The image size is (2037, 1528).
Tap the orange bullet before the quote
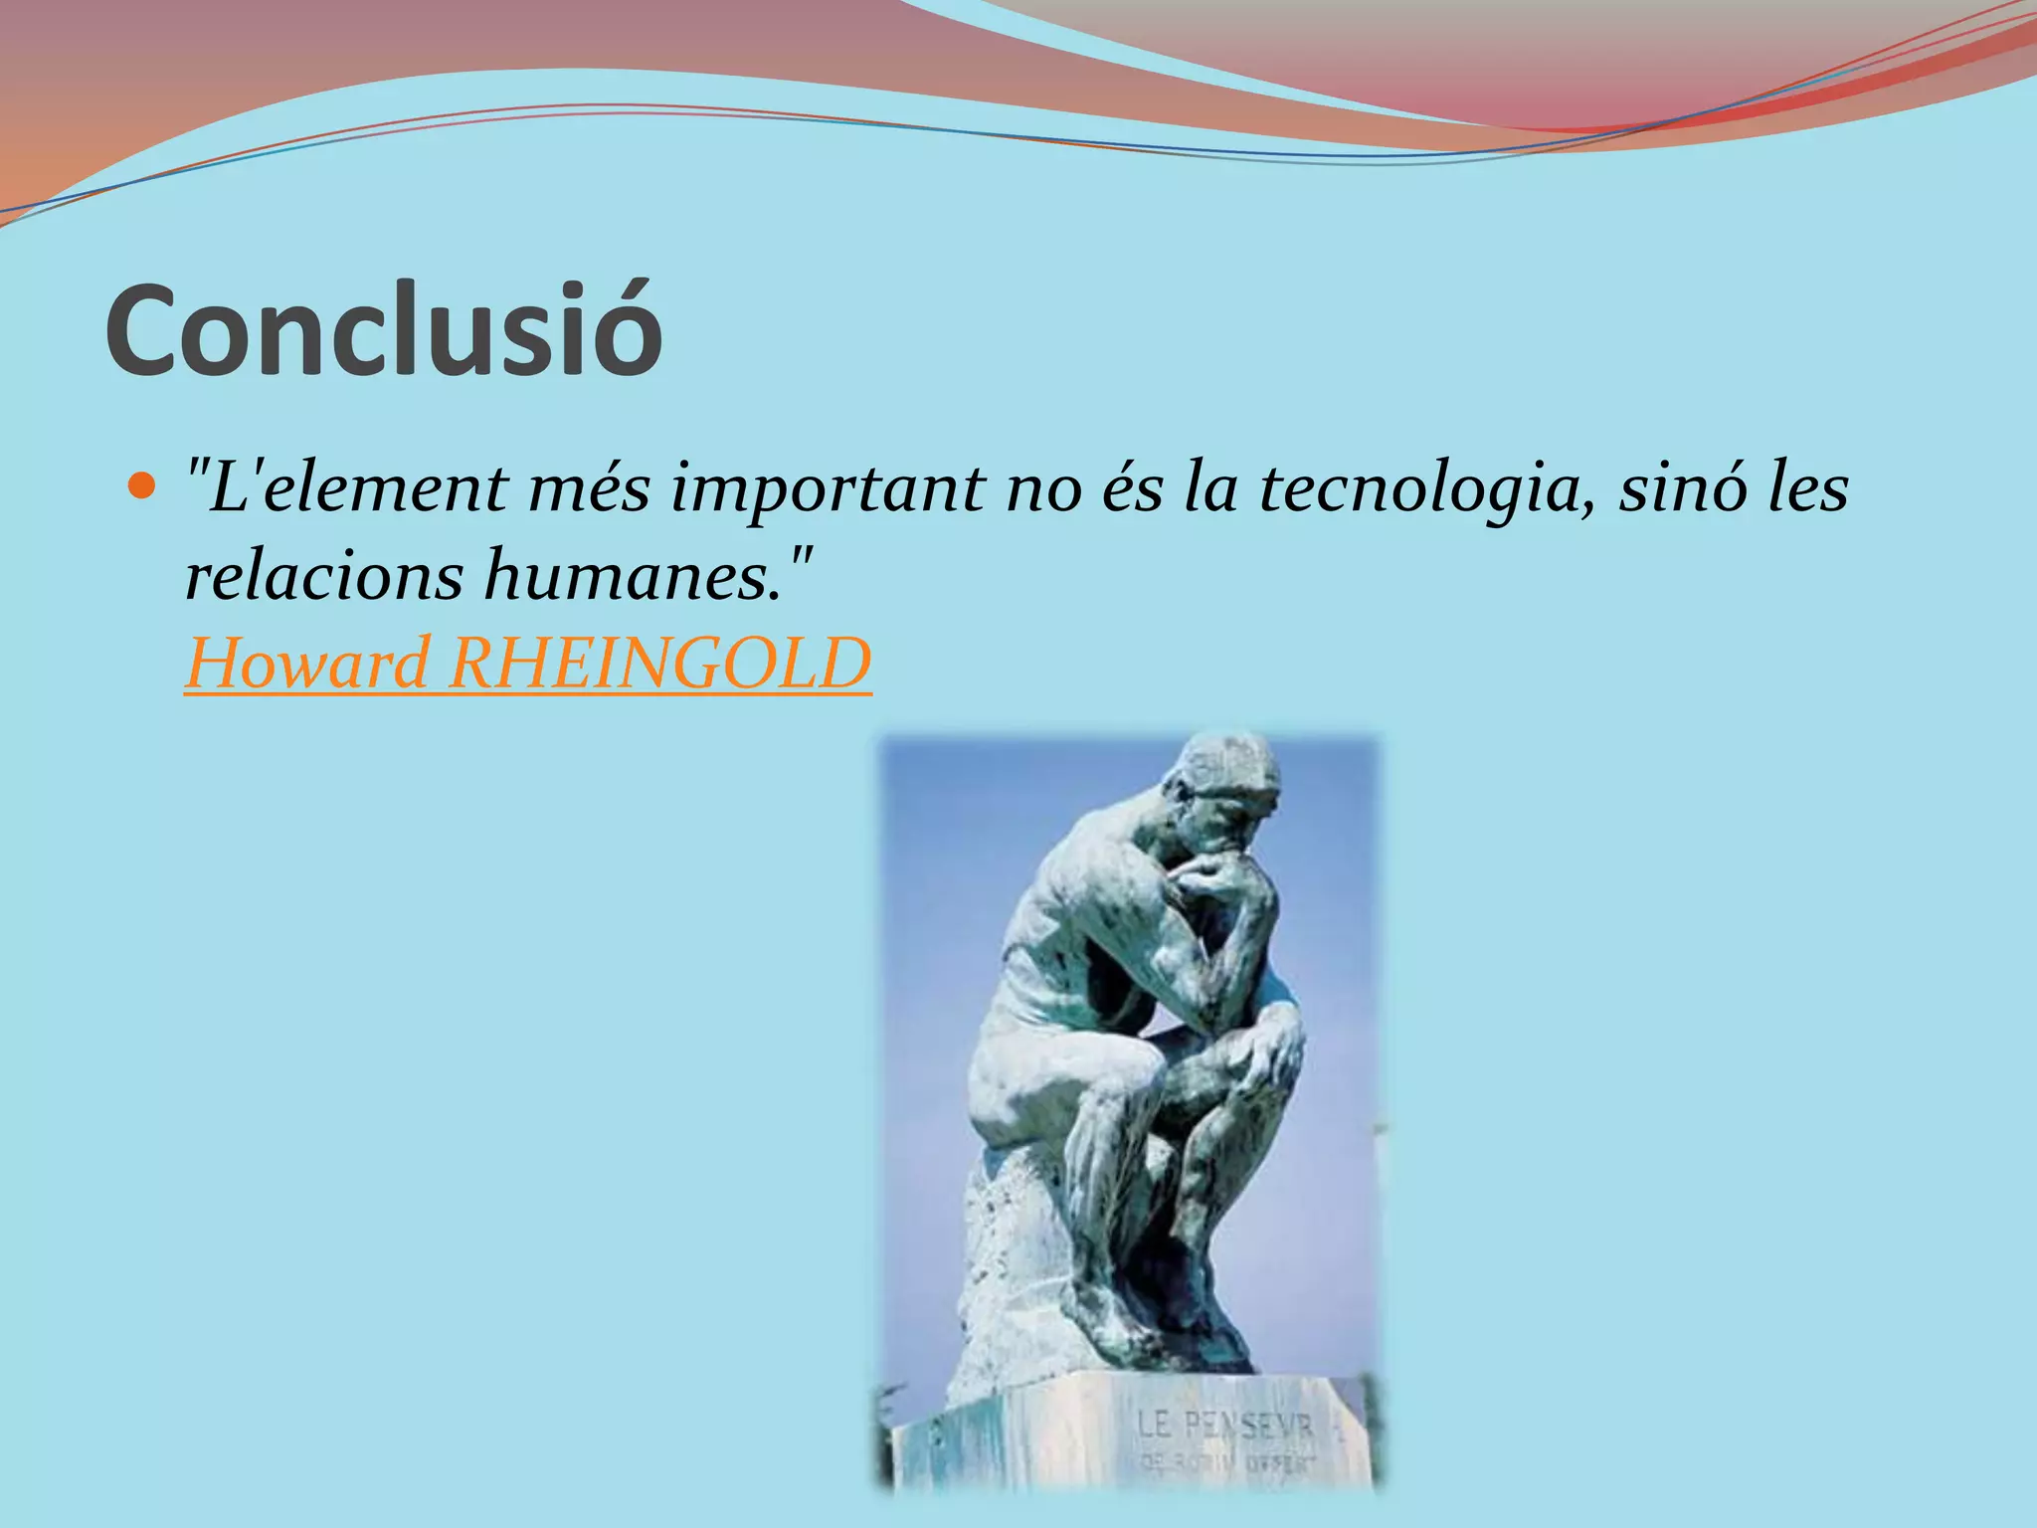143,487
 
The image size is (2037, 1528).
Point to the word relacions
322,577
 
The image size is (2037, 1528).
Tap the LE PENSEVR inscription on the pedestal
1225,1425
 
